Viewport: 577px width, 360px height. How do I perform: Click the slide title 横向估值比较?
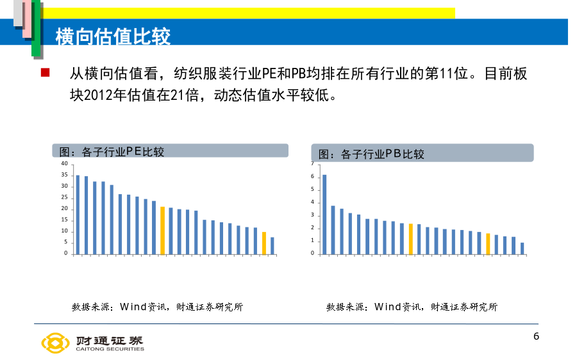tap(113, 37)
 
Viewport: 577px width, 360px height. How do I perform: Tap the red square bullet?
tap(46, 72)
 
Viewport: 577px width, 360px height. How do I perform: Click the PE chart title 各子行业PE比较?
tap(112, 152)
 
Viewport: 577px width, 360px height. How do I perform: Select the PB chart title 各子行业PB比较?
tap(371, 154)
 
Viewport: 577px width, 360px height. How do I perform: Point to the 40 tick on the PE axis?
tap(64, 163)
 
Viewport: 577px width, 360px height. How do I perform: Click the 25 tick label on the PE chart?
tap(64, 197)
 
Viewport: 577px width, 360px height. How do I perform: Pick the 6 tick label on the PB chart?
tap(312, 177)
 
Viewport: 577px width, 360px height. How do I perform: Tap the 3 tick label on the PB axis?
tap(312, 215)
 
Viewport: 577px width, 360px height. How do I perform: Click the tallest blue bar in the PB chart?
tap(324, 215)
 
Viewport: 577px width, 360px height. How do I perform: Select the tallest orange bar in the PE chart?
tap(163, 231)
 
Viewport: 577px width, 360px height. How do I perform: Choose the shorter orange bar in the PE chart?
tap(264, 243)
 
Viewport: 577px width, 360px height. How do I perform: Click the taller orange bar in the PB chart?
tap(411, 239)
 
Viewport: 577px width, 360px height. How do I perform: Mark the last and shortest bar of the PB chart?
tap(522, 249)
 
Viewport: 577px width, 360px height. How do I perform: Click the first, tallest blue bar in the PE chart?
tap(78, 215)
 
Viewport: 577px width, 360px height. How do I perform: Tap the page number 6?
tap(536, 336)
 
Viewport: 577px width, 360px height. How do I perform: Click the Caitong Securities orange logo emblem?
tap(55, 343)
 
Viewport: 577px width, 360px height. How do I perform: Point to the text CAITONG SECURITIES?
tap(110, 349)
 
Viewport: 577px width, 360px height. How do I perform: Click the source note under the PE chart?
tap(158, 307)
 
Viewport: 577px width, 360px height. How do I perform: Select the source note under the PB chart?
tap(412, 307)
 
